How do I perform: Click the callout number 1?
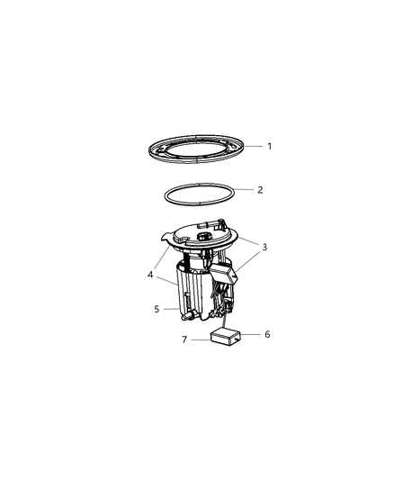pos(268,146)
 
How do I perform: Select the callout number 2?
pos(260,190)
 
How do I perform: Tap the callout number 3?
pos(264,246)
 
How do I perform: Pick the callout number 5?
pos(157,309)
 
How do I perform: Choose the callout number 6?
pos(266,333)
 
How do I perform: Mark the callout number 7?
pos(184,340)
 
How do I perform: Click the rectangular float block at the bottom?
pos(226,338)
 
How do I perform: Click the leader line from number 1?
pos(253,146)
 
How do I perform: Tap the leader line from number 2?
pos(245,189)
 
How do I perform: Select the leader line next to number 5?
pos(169,309)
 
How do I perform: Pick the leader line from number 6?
pos(251,334)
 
